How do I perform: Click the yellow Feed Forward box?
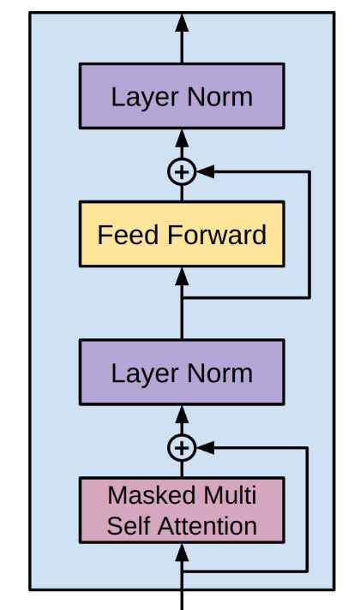181,234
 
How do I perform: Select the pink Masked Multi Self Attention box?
181,510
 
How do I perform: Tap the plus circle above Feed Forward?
181,172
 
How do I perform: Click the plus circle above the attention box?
181,447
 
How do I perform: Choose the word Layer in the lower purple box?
143,373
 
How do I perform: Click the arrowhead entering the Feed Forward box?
181,275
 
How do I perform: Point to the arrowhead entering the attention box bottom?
181,552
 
